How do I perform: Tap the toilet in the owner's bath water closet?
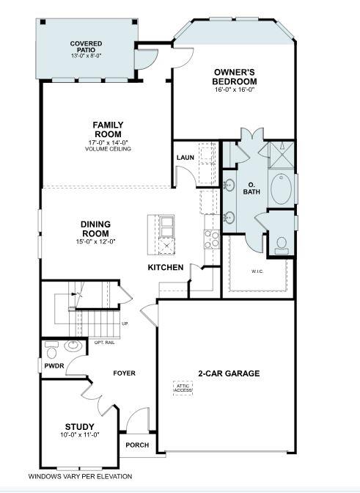click(x=281, y=245)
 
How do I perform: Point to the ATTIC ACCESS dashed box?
click(x=183, y=387)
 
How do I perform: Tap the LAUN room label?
click(x=185, y=158)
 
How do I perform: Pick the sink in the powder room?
click(x=73, y=346)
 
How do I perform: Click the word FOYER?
click(x=124, y=373)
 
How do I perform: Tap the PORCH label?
click(x=137, y=445)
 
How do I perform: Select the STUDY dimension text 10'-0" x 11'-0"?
click(x=79, y=434)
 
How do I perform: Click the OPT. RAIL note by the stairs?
click(x=104, y=342)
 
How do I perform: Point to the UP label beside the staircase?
click(x=125, y=324)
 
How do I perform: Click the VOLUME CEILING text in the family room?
click(x=107, y=149)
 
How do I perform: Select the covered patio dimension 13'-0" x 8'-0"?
click(x=86, y=56)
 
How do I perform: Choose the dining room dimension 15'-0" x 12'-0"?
click(x=95, y=241)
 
